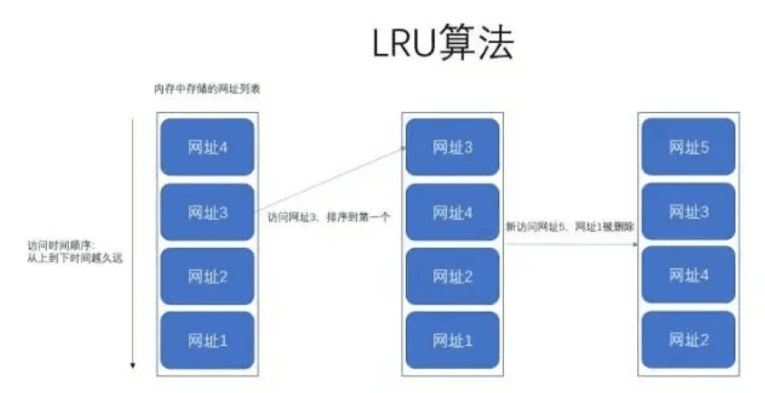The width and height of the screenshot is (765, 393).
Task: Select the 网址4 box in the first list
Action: (207, 147)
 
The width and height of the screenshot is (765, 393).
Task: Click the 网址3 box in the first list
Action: (207, 212)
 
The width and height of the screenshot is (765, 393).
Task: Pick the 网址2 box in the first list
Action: (207, 276)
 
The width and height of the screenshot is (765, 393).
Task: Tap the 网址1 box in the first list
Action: (207, 340)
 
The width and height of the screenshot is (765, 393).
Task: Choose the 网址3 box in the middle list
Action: (453, 147)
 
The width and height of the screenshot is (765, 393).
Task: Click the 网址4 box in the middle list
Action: (453, 212)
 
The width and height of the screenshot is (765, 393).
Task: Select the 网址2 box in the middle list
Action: (453, 276)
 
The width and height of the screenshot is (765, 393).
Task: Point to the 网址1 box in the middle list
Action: (453, 340)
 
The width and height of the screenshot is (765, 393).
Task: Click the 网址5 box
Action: (689, 147)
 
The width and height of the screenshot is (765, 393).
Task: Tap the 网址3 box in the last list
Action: (689, 212)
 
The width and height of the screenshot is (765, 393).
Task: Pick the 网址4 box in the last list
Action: (689, 276)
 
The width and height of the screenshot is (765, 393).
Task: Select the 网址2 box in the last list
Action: (689, 340)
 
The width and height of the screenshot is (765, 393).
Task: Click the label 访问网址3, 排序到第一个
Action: (329, 217)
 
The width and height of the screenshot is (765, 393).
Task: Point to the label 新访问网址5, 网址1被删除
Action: (570, 226)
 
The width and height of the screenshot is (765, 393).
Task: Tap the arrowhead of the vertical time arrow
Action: (133, 366)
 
